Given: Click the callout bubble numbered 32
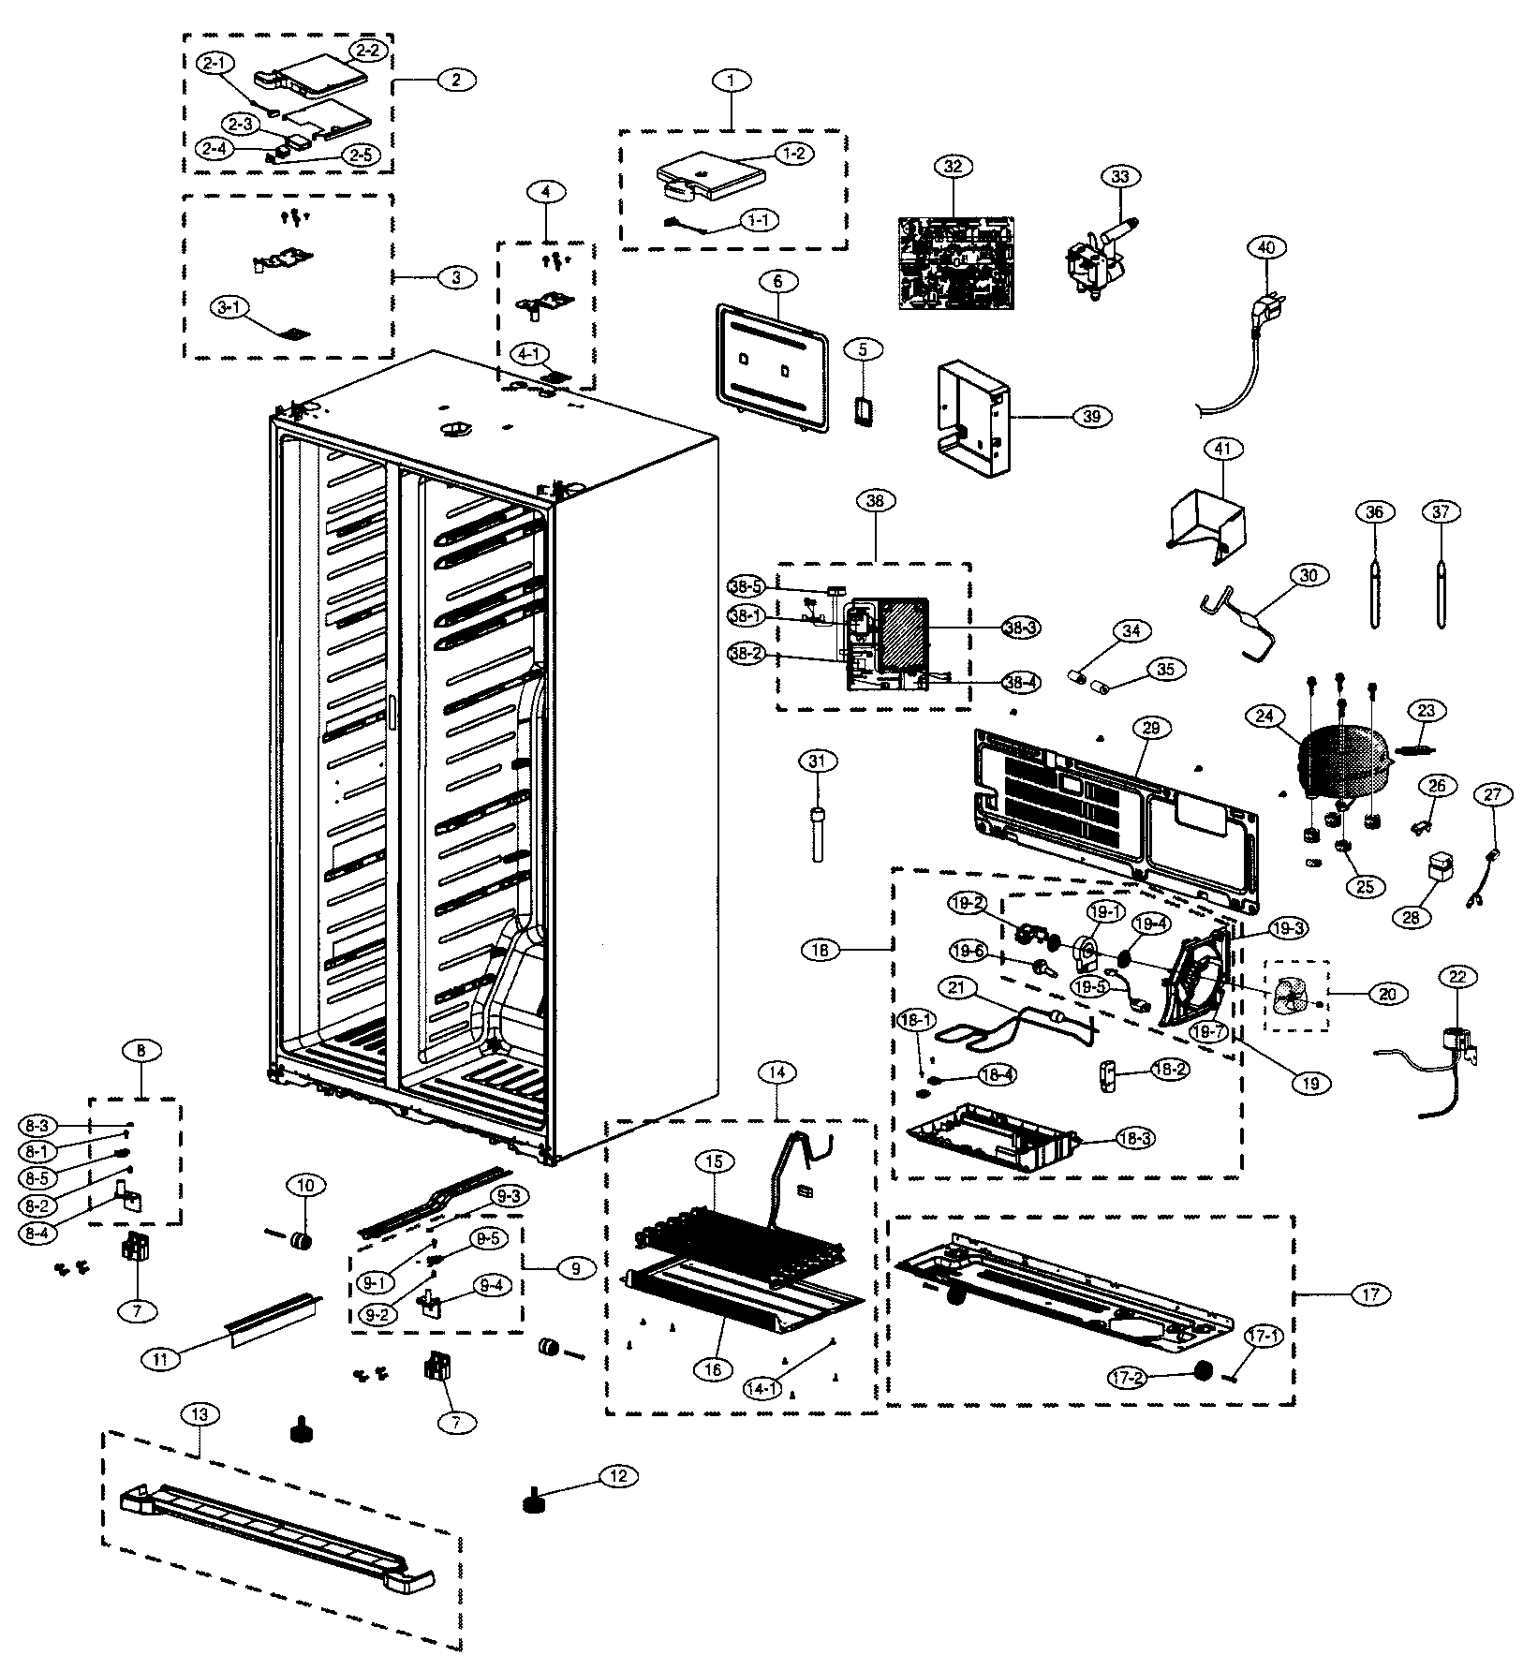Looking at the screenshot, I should coord(953,167).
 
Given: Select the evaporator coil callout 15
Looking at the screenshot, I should coord(714,1161).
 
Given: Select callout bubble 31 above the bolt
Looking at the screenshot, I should coord(817,761).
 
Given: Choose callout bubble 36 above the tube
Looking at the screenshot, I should coord(1374,512).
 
